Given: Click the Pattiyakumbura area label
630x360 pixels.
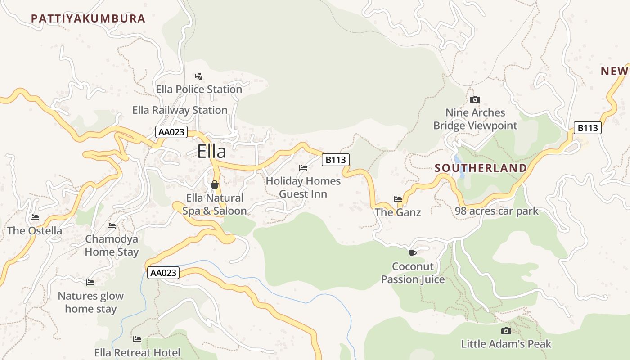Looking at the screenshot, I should point(88,18).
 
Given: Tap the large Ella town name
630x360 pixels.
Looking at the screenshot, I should point(211,152).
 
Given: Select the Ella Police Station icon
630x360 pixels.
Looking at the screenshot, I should point(198,76).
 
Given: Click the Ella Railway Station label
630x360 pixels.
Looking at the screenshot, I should point(180,110).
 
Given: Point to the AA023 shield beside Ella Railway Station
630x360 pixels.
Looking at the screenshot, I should point(171,132).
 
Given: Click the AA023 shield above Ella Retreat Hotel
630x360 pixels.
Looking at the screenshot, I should point(163,273).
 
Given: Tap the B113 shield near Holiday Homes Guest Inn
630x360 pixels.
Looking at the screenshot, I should point(336,160).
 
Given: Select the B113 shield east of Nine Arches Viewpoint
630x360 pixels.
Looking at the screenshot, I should point(588,128).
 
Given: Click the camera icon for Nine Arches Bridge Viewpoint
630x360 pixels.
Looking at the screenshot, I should point(475,99).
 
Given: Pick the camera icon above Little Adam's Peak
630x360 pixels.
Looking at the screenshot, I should point(506,331).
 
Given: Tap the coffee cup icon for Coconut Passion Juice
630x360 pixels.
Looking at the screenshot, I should point(413,253).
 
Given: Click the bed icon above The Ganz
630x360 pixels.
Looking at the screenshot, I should point(398,199).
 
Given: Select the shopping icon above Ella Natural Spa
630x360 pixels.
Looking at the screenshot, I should point(215,184).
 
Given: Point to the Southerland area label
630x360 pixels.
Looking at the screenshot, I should point(481,168).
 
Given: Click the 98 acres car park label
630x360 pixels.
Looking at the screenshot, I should point(496,211).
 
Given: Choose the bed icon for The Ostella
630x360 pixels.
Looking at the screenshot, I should point(35,217).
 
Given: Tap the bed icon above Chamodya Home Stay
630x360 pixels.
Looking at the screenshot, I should point(112,225).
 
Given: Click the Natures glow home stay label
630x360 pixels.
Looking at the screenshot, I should point(91,302).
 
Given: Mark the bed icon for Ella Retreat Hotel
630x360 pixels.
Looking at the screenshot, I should point(137,339).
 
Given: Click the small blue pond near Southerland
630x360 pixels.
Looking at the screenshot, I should point(458,160).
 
